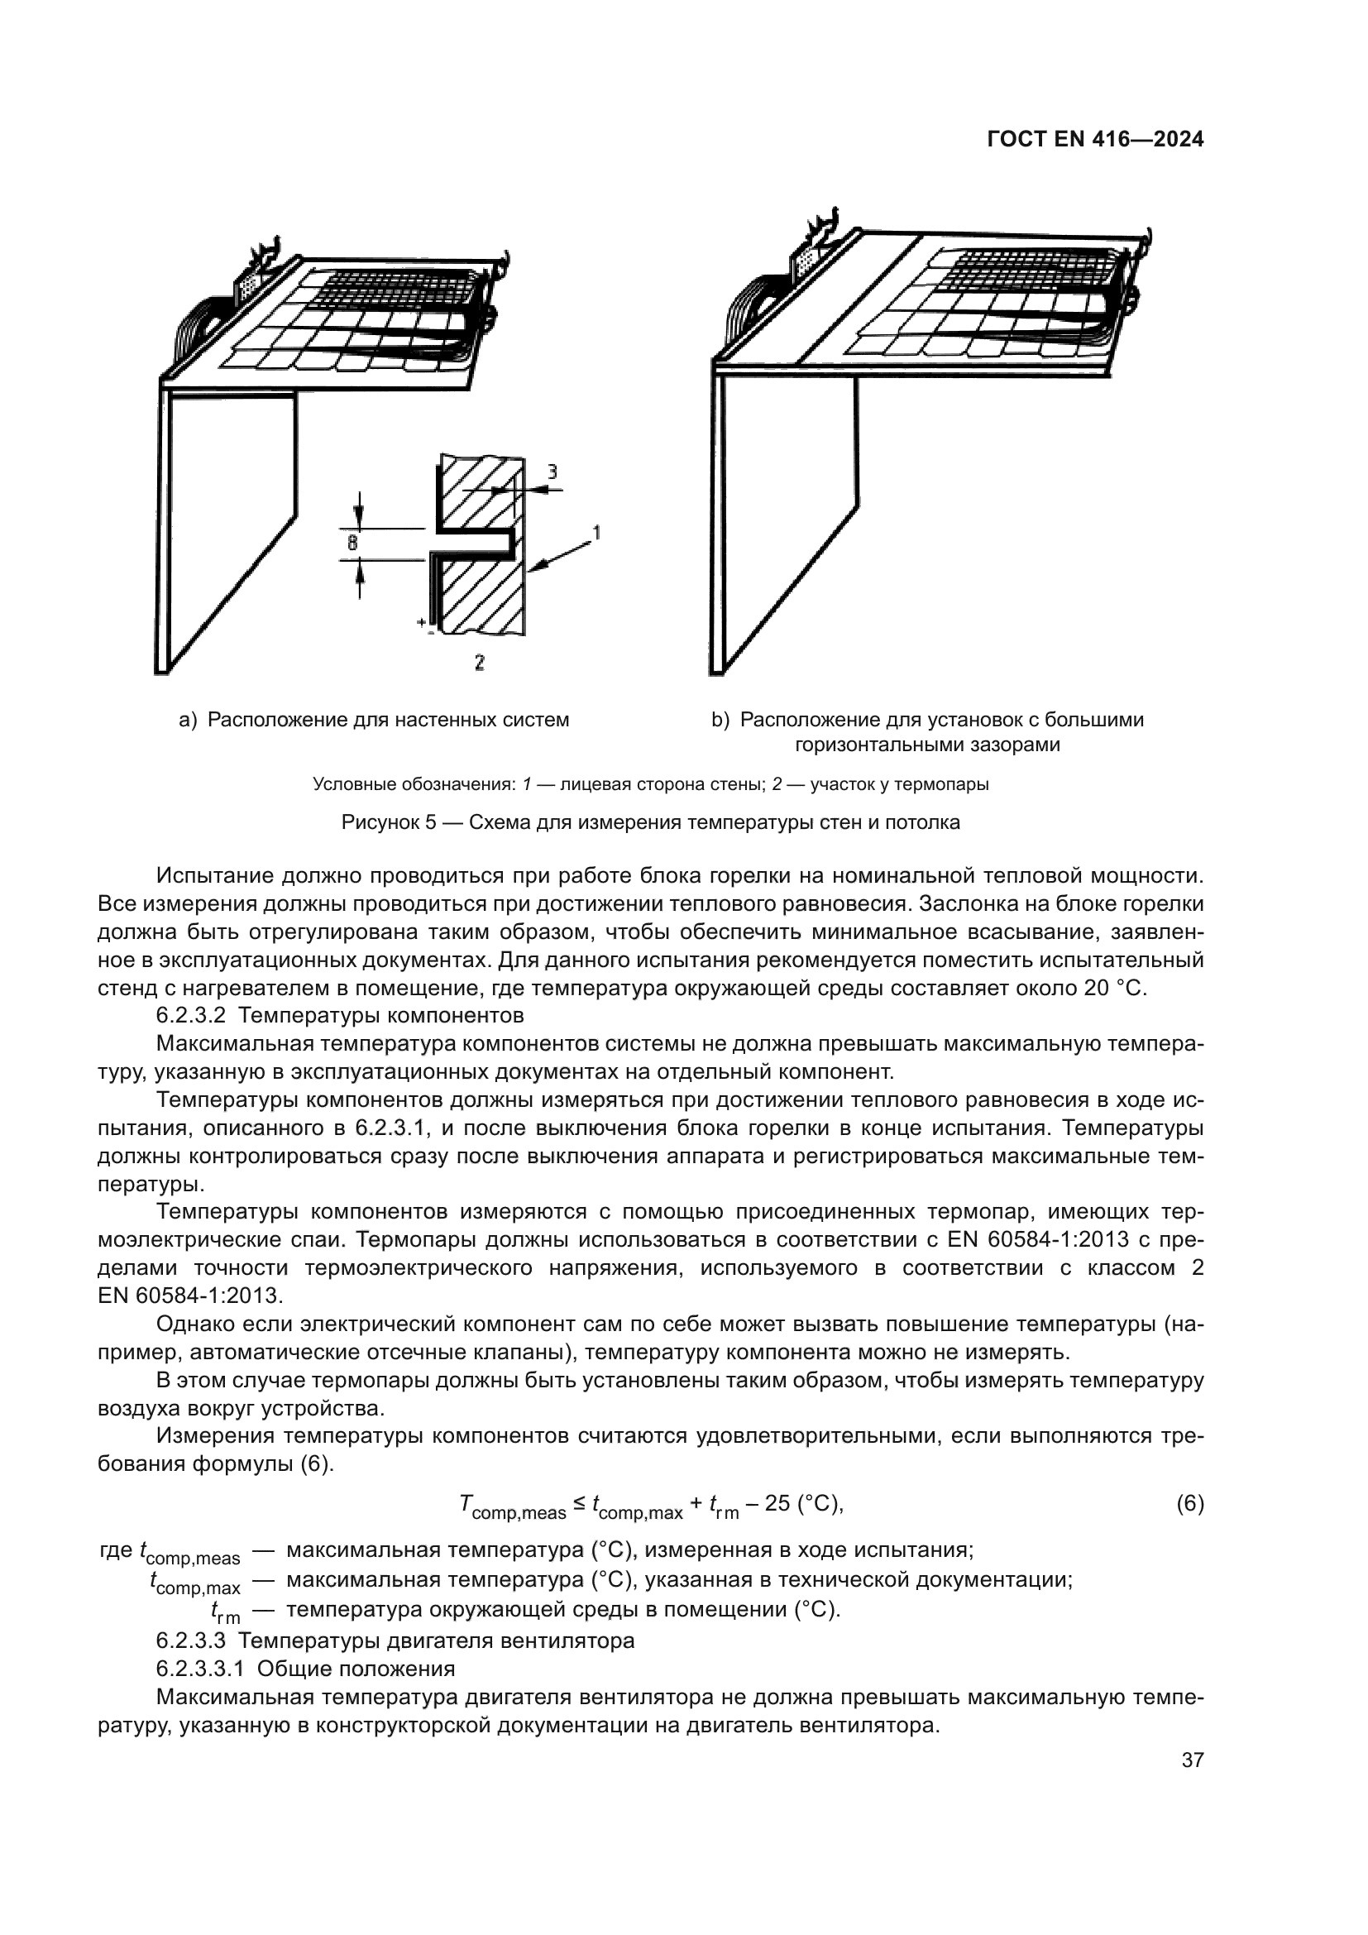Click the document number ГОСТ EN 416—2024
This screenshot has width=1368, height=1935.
coord(1095,140)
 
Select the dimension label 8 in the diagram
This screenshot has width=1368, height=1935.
coord(353,544)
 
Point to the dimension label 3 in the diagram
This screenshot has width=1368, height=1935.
coord(552,472)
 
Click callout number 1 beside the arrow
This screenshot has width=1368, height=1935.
coord(596,533)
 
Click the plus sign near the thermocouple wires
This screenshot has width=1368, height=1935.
coord(420,622)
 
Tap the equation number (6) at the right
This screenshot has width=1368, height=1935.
coord(1189,1503)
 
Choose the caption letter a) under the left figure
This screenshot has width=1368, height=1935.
coord(187,721)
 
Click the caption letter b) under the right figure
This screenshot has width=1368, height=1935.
coord(720,721)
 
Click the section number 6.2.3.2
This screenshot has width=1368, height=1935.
coord(190,1015)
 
